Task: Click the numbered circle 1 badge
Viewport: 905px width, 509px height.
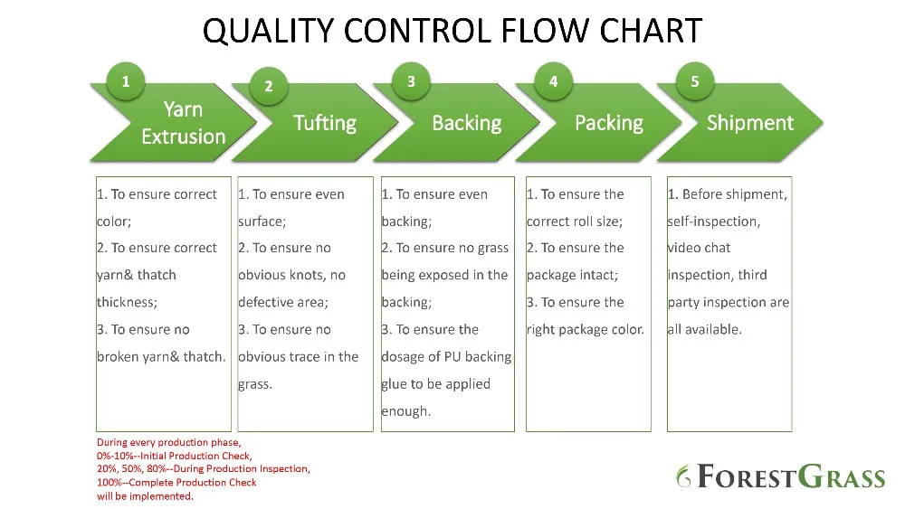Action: point(125,81)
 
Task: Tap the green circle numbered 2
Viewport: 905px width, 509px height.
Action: point(269,87)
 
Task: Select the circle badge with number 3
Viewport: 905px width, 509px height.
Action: point(411,81)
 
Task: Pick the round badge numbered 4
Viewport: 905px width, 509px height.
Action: point(554,81)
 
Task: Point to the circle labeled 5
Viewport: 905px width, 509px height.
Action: point(695,81)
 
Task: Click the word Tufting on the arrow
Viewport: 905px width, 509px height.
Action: point(325,123)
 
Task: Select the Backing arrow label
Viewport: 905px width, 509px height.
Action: point(467,123)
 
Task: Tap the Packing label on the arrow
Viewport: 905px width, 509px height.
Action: point(609,123)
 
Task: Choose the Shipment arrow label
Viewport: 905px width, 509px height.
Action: point(750,123)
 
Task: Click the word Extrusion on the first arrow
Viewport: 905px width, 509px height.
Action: point(184,137)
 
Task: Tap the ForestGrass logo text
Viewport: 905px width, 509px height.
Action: point(781,476)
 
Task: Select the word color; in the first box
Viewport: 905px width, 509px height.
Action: point(114,222)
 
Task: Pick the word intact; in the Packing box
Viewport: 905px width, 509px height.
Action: point(596,275)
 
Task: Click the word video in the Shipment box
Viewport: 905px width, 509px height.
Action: point(682,248)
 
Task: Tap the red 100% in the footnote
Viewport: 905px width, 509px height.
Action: point(110,483)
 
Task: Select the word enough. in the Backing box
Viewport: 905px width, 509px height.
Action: point(406,411)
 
